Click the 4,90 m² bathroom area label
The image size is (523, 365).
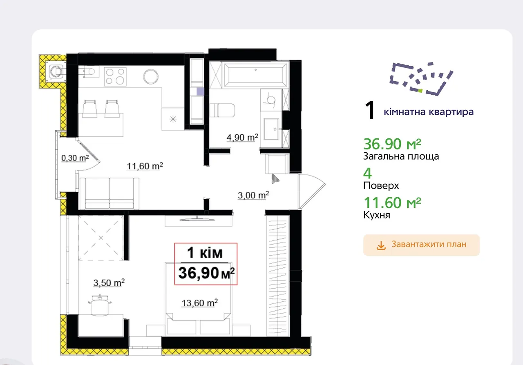tap(242, 137)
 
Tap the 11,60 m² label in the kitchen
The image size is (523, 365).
tap(145, 166)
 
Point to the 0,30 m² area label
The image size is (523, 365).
tap(75, 158)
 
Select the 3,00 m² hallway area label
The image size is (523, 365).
tap(253, 195)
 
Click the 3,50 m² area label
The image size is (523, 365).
tap(109, 283)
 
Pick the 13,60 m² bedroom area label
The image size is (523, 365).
tap(200, 303)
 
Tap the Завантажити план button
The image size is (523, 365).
tap(421, 245)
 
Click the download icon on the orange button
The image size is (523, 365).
tap(381, 245)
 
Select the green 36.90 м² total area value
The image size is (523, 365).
tap(392, 144)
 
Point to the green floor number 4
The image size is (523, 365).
tap(367, 173)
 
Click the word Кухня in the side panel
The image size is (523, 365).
tap(377, 215)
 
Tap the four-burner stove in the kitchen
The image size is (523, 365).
tap(115, 76)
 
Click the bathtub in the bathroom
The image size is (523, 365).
tap(256, 74)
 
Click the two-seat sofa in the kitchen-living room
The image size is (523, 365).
tap(109, 194)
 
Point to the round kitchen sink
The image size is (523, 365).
tap(151, 76)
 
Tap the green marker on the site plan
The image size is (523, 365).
tap(420, 91)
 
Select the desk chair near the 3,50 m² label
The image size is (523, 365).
tap(100, 305)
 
